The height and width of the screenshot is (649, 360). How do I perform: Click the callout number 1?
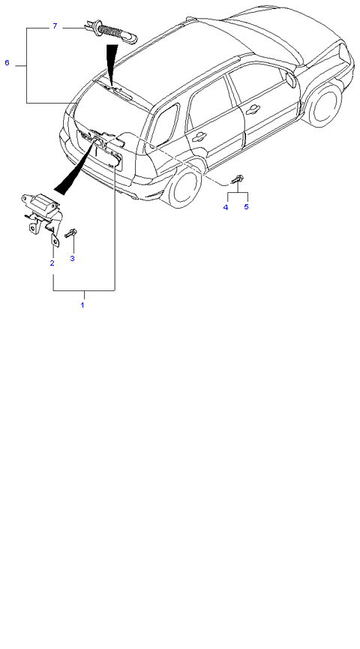[x=82, y=305]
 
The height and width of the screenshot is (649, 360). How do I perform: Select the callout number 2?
[x=52, y=263]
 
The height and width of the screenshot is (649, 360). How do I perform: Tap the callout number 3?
[x=73, y=259]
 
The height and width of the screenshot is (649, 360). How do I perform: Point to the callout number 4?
[x=226, y=207]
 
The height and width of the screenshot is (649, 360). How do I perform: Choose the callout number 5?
[x=246, y=206]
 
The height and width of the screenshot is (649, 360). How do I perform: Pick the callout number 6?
[x=7, y=63]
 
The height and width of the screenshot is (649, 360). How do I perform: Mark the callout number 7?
[x=55, y=26]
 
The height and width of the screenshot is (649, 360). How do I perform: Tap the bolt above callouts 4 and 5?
[x=238, y=180]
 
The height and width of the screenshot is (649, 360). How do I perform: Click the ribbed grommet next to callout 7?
[x=111, y=31]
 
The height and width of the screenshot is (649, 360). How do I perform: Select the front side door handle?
[x=252, y=110]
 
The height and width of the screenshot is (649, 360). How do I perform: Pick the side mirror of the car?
[x=290, y=79]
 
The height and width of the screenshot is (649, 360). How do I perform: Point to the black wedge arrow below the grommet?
[x=110, y=62]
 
